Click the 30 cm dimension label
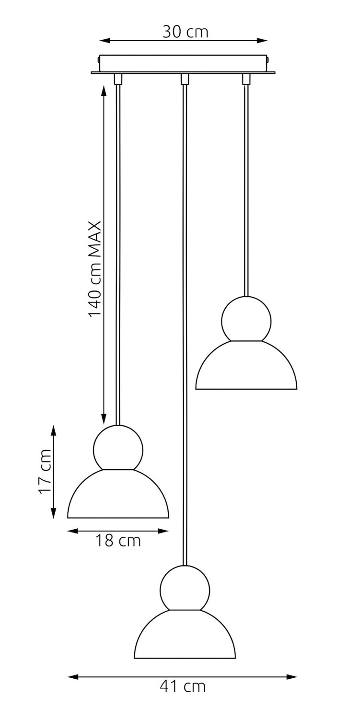pyautogui.click(x=186, y=32)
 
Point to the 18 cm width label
pyautogui.click(x=118, y=541)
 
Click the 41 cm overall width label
pyautogui.click(x=182, y=686)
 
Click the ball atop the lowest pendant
pyautogui.click(x=185, y=588)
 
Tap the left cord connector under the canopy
pyautogui.click(x=117, y=79)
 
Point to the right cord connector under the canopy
pyautogui.click(x=246, y=79)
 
